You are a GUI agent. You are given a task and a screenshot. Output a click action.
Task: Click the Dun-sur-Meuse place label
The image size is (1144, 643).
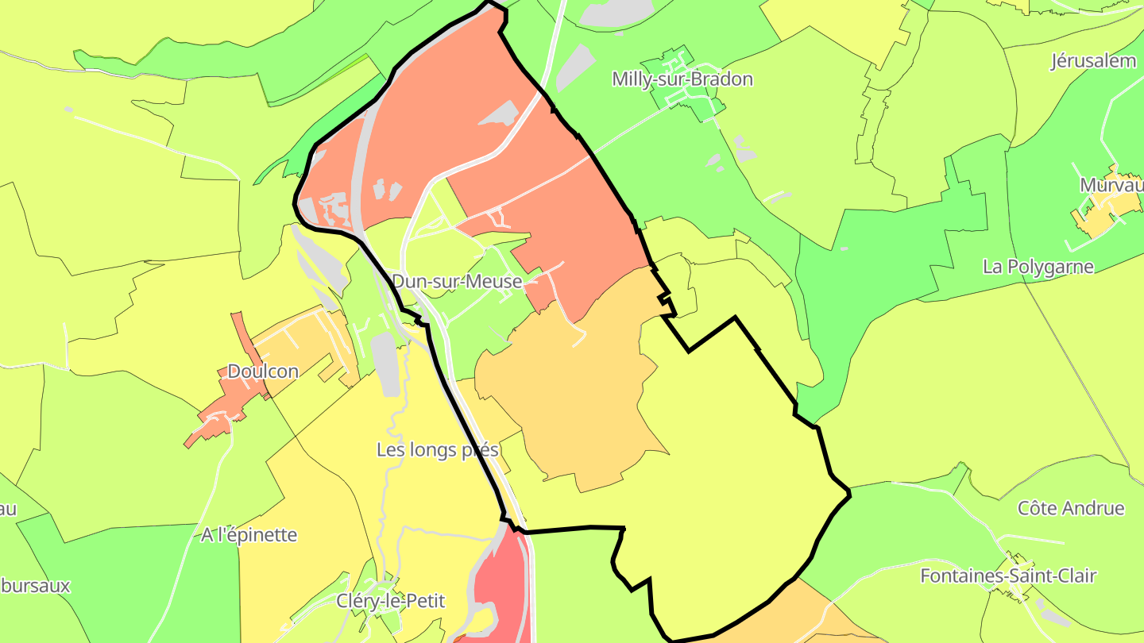click(457, 282)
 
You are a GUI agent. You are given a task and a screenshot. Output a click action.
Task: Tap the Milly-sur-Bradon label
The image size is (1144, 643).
click(682, 79)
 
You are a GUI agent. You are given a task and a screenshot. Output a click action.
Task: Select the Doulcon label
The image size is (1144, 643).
click(263, 372)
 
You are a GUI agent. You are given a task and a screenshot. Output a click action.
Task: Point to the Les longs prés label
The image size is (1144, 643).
click(437, 450)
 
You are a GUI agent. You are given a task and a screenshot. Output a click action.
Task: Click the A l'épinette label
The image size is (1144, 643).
click(249, 535)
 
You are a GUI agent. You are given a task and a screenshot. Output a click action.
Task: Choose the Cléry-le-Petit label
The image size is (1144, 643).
click(390, 601)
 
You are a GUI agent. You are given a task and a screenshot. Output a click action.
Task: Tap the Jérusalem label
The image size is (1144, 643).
click(1093, 61)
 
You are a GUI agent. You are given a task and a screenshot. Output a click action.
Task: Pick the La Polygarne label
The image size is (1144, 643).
click(1038, 267)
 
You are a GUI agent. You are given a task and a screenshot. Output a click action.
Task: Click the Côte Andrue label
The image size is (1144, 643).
click(1071, 508)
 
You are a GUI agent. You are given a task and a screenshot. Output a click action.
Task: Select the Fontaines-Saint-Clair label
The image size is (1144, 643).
click(1008, 576)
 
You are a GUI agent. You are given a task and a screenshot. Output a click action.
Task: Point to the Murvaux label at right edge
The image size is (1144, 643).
click(1111, 185)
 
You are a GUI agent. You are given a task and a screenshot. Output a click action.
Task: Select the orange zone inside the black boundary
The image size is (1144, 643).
click(572, 397)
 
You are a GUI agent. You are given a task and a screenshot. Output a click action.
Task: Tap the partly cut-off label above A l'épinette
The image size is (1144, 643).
click(8, 508)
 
